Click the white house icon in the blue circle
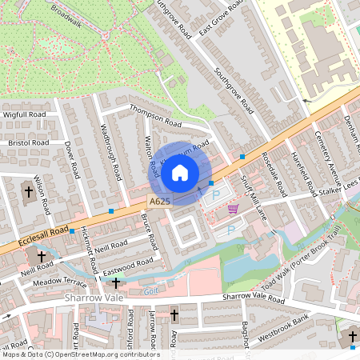click(180, 172)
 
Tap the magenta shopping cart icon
click(233, 209)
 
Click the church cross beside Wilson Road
click(28, 192)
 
